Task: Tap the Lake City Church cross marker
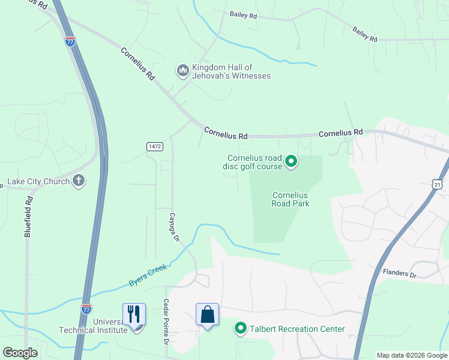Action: click(78, 181)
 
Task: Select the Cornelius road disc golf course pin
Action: click(291, 161)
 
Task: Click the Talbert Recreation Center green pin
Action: click(241, 328)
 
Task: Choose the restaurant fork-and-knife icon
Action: click(134, 314)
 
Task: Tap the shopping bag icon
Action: click(207, 314)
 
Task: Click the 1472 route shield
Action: click(154, 146)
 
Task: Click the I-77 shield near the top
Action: click(70, 41)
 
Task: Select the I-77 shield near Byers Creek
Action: click(86, 309)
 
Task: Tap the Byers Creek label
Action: click(147, 276)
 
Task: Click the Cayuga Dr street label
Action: click(174, 227)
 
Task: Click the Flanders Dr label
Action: click(399, 274)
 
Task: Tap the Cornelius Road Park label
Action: click(290, 199)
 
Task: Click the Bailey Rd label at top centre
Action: click(243, 15)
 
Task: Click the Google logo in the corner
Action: click(20, 352)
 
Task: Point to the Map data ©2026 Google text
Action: click(412, 355)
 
